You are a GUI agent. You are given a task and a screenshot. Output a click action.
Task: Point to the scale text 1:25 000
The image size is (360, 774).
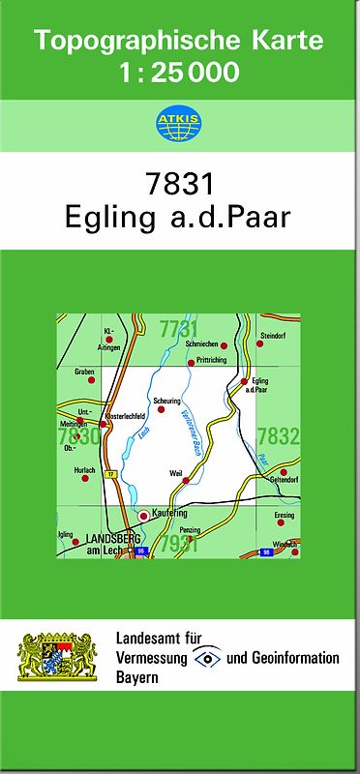[179, 73]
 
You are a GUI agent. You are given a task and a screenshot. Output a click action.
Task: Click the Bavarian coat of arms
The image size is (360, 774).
[58, 657]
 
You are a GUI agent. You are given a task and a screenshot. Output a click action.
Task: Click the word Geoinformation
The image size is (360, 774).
[292, 658]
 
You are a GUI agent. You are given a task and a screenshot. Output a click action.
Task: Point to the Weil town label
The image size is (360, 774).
[175, 473]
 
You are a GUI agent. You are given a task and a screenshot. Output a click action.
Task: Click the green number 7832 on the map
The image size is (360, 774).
[279, 436]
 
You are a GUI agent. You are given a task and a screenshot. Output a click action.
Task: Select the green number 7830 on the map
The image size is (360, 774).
[78, 436]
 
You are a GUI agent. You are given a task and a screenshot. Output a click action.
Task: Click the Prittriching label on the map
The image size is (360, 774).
[211, 359]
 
